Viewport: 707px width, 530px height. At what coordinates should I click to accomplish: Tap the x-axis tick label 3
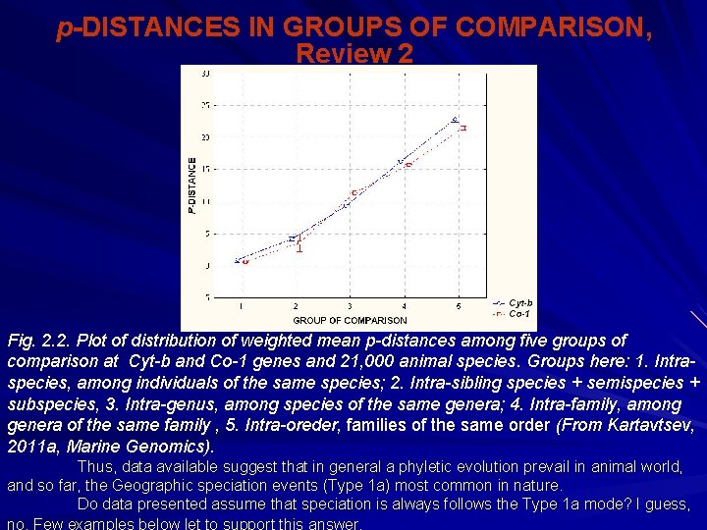click(350, 307)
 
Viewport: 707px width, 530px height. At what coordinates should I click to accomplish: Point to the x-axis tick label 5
click(458, 307)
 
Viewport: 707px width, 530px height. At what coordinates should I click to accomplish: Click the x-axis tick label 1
click(242, 307)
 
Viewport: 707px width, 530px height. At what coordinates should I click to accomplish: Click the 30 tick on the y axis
click(204, 74)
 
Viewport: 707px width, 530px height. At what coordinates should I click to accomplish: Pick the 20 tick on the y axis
click(204, 137)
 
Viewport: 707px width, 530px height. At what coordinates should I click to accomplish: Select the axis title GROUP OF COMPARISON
click(350, 321)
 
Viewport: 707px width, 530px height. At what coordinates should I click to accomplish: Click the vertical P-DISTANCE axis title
click(192, 186)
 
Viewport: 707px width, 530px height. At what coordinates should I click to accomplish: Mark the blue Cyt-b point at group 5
click(454, 120)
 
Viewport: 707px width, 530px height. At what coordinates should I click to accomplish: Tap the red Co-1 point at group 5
click(462, 128)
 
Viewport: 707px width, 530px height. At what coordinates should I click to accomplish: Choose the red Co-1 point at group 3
click(354, 192)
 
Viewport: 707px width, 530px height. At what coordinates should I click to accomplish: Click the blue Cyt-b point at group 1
click(238, 260)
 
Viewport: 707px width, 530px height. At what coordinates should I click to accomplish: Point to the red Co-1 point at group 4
click(408, 165)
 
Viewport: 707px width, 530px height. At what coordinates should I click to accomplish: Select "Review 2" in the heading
click(353, 53)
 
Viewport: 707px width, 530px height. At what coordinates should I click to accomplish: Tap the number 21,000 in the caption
click(325, 362)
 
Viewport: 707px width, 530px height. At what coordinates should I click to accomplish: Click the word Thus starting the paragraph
click(94, 466)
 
